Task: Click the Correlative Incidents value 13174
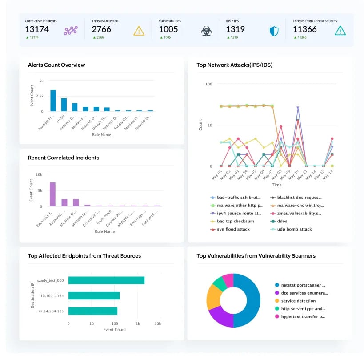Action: click(37, 29)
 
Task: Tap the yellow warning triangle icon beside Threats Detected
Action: click(139, 31)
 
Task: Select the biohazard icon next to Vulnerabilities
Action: click(206, 31)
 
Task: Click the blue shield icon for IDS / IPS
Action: click(274, 31)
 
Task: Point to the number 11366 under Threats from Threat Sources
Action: click(304, 29)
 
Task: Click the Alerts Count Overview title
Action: click(56, 65)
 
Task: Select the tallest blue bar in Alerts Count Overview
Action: click(53, 101)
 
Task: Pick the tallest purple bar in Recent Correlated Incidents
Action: click(52, 194)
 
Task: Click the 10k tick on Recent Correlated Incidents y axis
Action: click(39, 174)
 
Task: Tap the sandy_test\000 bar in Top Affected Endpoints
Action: click(107, 280)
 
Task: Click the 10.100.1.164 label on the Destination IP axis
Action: click(52, 295)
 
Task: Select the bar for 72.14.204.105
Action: click(93, 311)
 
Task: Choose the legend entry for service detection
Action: click(298, 301)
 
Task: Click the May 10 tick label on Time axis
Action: click(296, 175)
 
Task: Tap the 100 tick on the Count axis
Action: click(208, 84)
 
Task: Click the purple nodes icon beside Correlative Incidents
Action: click(71, 31)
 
